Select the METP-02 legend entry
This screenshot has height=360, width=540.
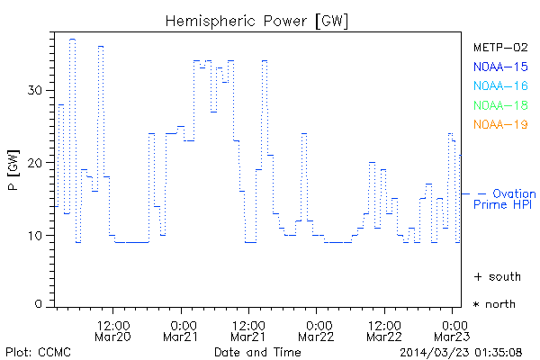click(x=499, y=47)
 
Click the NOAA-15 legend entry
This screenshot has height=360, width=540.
click(x=499, y=67)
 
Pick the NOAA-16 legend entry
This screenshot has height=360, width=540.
click(x=499, y=85)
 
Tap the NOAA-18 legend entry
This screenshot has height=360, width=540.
click(x=499, y=105)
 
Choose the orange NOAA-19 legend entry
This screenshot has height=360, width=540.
click(x=499, y=124)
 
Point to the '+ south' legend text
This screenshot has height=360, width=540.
click(x=497, y=276)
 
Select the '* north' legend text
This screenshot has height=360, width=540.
click(x=495, y=304)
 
